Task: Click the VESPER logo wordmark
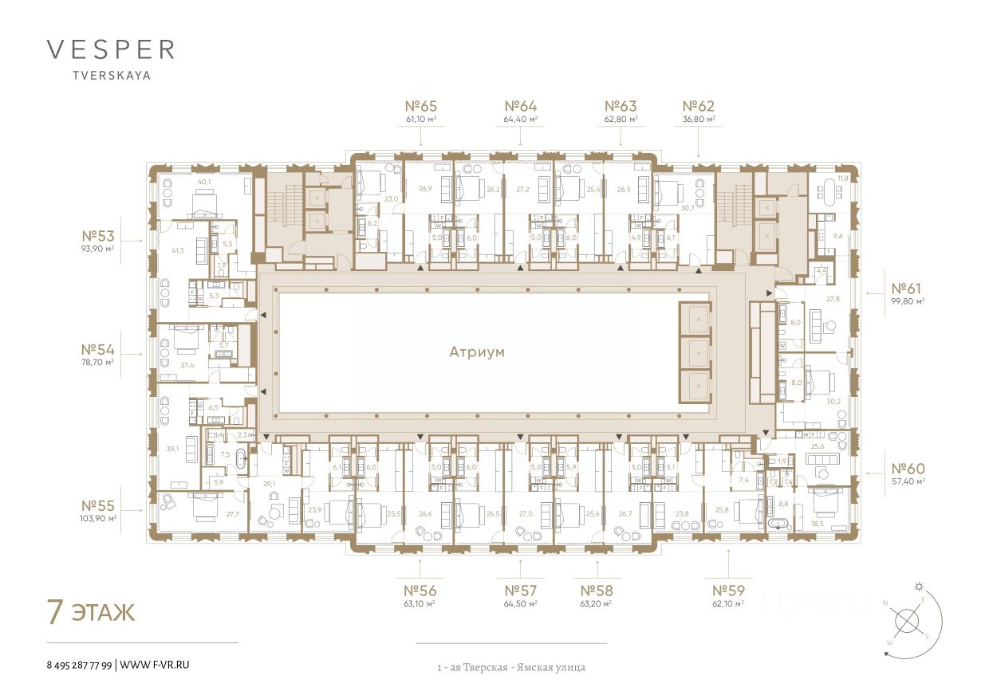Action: [110, 49]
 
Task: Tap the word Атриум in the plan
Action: [477, 351]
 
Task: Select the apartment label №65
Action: [421, 106]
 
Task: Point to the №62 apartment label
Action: [699, 106]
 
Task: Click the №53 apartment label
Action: [98, 236]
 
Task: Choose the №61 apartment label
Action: [907, 288]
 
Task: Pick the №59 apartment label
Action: [728, 591]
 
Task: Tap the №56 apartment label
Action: [420, 591]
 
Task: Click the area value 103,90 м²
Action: [99, 518]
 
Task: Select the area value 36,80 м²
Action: [699, 120]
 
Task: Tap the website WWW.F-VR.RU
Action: [156, 664]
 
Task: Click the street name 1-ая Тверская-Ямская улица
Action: [510, 667]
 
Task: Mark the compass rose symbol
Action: [907, 621]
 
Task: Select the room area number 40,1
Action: [204, 182]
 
